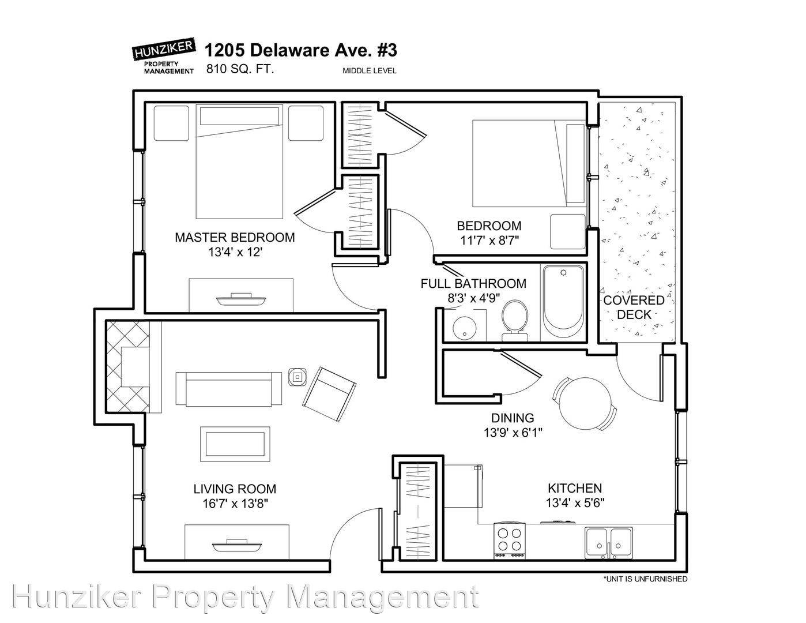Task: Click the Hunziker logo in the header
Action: click(x=164, y=55)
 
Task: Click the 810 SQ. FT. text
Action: click(x=240, y=69)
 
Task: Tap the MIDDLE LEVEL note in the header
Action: click(x=370, y=71)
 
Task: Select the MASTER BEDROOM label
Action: click(x=235, y=238)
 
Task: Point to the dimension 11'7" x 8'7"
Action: click(x=489, y=241)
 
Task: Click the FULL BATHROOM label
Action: click(x=473, y=284)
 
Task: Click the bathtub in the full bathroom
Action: click(x=563, y=297)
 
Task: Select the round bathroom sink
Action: click(x=464, y=328)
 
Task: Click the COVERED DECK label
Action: click(x=634, y=307)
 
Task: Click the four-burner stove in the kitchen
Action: click(x=510, y=541)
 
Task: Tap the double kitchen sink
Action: click(x=609, y=543)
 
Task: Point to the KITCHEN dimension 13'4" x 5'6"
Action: click(x=575, y=504)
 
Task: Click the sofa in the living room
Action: click(x=229, y=388)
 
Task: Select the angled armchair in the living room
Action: click(x=329, y=395)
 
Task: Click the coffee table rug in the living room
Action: click(x=235, y=444)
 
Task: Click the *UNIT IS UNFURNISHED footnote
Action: click(x=645, y=579)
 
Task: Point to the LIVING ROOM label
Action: click(x=235, y=489)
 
